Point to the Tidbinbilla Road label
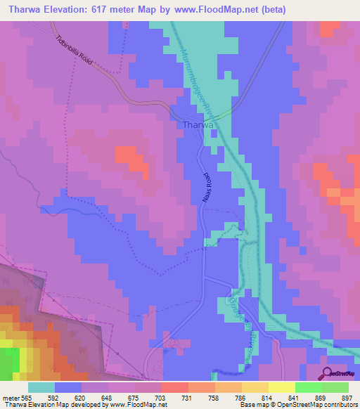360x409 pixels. coord(75,49)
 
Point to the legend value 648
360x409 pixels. coord(108,397)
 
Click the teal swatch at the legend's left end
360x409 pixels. coord(41,387)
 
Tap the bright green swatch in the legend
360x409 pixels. coord(309,387)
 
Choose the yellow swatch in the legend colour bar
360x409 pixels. coord(282,387)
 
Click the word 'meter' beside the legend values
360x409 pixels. coord(10,397)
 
